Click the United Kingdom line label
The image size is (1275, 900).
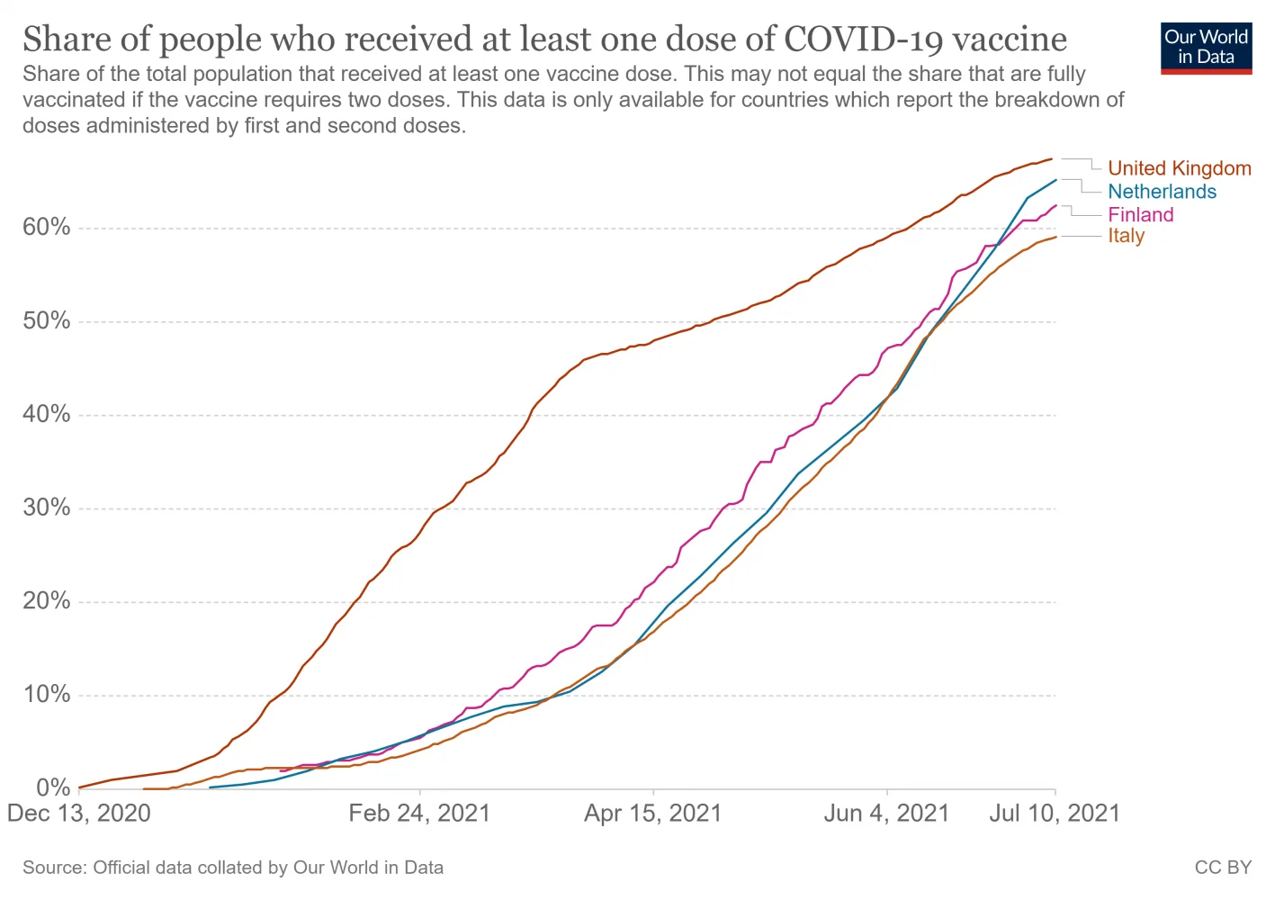1179,168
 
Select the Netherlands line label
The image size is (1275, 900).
1162,192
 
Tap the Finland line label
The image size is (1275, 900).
1140,214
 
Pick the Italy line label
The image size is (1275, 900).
1126,236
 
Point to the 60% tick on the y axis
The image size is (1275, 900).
47,227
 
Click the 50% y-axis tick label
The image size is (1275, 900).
47,320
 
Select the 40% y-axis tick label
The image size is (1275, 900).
47,414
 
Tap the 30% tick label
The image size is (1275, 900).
47,508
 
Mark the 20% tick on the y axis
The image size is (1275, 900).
47,601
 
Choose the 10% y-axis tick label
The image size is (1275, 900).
47,694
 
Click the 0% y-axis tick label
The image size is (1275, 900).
53,787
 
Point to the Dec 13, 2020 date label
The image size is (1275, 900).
79,814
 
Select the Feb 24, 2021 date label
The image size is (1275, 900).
419,814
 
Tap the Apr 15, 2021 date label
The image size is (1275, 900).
653,814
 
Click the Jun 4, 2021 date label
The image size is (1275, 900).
886,814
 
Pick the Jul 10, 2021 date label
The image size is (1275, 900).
1055,814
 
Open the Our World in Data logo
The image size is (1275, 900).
1206,48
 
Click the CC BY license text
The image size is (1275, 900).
1223,868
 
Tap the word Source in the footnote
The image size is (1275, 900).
53,868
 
